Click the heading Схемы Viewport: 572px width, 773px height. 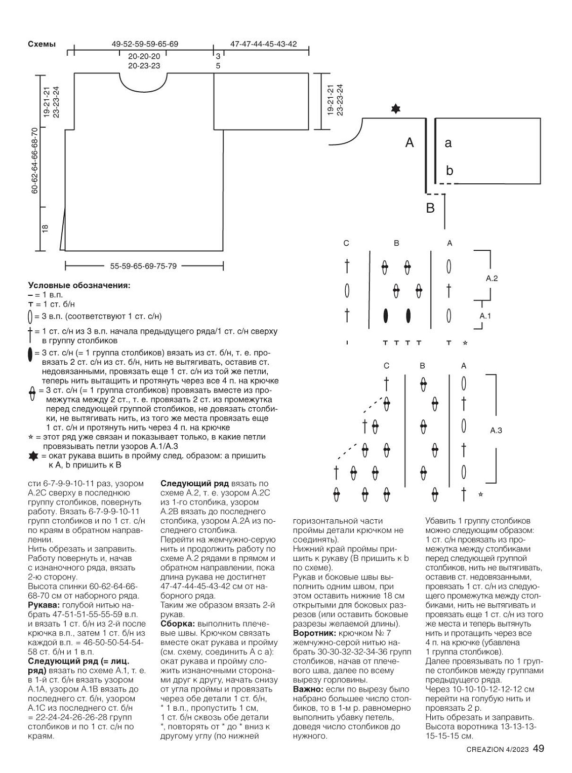tap(42, 44)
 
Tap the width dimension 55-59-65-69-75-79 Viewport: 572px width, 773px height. tap(143, 266)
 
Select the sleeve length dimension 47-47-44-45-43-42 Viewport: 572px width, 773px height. tap(263, 44)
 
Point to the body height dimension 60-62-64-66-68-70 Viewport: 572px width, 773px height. tap(34, 160)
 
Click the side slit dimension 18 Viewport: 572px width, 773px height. tap(45, 229)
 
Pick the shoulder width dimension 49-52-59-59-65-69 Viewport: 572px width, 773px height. tap(145, 44)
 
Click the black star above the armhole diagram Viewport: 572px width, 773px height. tap(395, 109)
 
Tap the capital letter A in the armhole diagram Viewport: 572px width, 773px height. tap(410, 143)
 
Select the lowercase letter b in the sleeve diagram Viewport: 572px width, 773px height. tap(450, 171)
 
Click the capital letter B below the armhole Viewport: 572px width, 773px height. tap(430, 208)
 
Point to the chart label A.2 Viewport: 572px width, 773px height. tap(492, 278)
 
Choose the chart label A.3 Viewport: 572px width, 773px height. tap(496, 431)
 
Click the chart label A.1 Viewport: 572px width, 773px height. tap(485, 316)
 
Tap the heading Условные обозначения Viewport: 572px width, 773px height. tap(79, 285)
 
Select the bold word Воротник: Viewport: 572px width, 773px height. tap(314, 633)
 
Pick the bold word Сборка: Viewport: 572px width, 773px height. tap(178, 624)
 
